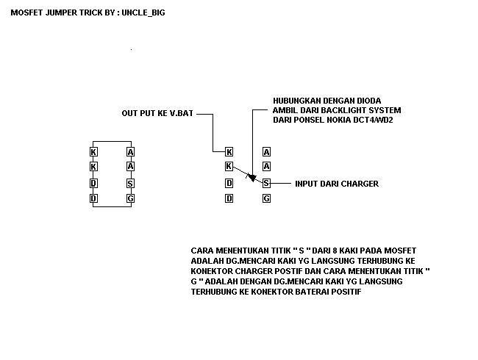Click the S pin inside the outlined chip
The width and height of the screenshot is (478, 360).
click(x=130, y=183)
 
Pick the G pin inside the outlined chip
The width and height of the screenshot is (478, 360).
click(x=130, y=198)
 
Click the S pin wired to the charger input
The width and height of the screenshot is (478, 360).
click(x=266, y=183)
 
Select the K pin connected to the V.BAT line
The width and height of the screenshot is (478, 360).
click(x=229, y=152)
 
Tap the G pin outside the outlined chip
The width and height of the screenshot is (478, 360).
click(x=266, y=198)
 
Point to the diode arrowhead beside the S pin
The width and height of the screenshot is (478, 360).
click(x=252, y=177)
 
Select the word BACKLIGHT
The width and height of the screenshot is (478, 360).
click(x=341, y=110)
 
